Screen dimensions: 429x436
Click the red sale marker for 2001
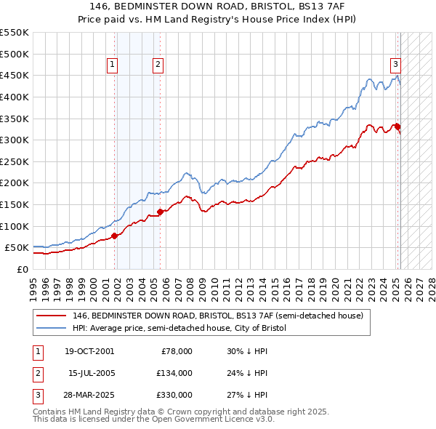click(114, 235)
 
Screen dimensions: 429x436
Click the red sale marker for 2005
click(160, 212)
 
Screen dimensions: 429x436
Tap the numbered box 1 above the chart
click(113, 65)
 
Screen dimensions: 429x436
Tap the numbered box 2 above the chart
click(158, 65)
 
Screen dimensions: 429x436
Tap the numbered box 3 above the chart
click(396, 64)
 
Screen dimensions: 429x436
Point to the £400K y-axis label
click(14, 97)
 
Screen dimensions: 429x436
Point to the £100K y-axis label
click(14, 226)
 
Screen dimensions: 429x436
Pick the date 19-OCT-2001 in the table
click(89, 351)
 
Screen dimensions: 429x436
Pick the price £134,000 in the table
click(174, 373)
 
